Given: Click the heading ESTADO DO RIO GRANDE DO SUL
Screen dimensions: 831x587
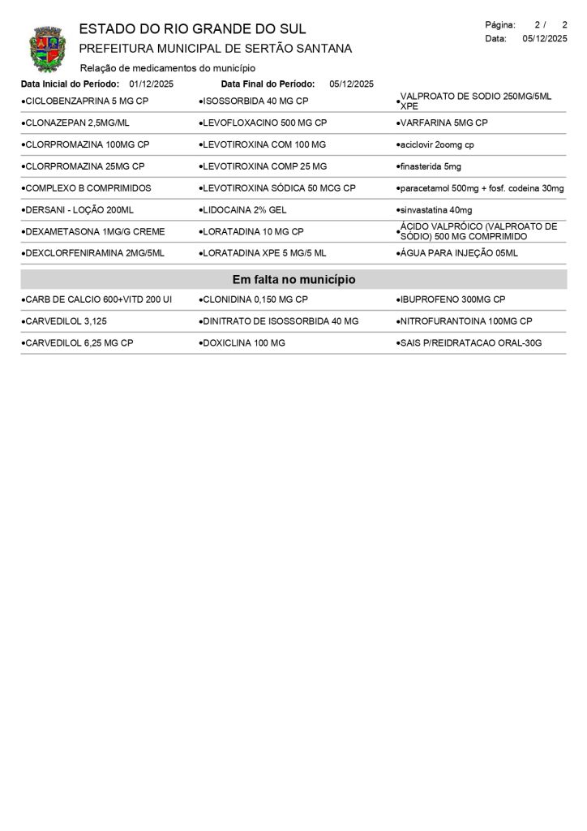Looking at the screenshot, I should [192, 30].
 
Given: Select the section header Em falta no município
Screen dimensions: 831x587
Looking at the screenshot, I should [293, 280].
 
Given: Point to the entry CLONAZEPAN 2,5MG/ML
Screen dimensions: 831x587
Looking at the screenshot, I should [78, 123].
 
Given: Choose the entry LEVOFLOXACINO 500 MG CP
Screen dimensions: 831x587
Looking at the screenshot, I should [264, 123].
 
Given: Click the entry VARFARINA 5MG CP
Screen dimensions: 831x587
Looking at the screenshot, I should [444, 123].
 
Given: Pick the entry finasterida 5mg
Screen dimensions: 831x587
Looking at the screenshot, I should [431, 166].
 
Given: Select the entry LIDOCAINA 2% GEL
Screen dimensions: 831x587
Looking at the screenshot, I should [244, 210].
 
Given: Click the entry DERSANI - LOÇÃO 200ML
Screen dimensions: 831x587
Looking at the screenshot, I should [79, 210].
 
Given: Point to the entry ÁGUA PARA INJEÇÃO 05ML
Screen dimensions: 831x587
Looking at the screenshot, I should [459, 253].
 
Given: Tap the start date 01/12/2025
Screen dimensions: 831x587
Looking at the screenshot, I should [151, 84].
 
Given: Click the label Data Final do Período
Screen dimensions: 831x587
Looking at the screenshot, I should [268, 84].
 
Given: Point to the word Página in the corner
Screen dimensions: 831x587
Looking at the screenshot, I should [500, 25].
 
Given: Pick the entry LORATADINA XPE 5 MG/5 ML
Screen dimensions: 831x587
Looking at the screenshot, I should [264, 253].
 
